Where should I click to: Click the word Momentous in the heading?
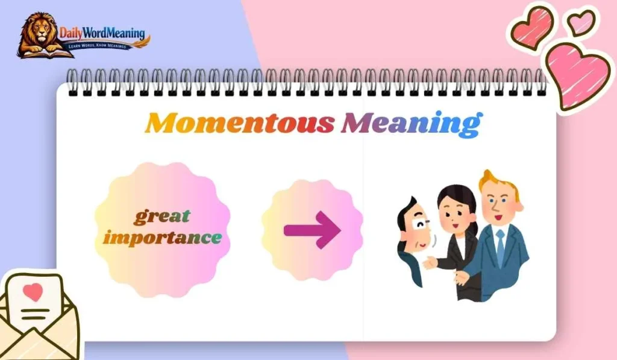(x=240, y=123)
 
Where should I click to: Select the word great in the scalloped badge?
(x=161, y=215)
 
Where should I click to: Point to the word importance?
(x=161, y=237)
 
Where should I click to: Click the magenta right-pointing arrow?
(x=312, y=229)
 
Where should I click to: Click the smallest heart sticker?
(x=580, y=22)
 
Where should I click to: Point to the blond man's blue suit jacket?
(x=512, y=265)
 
